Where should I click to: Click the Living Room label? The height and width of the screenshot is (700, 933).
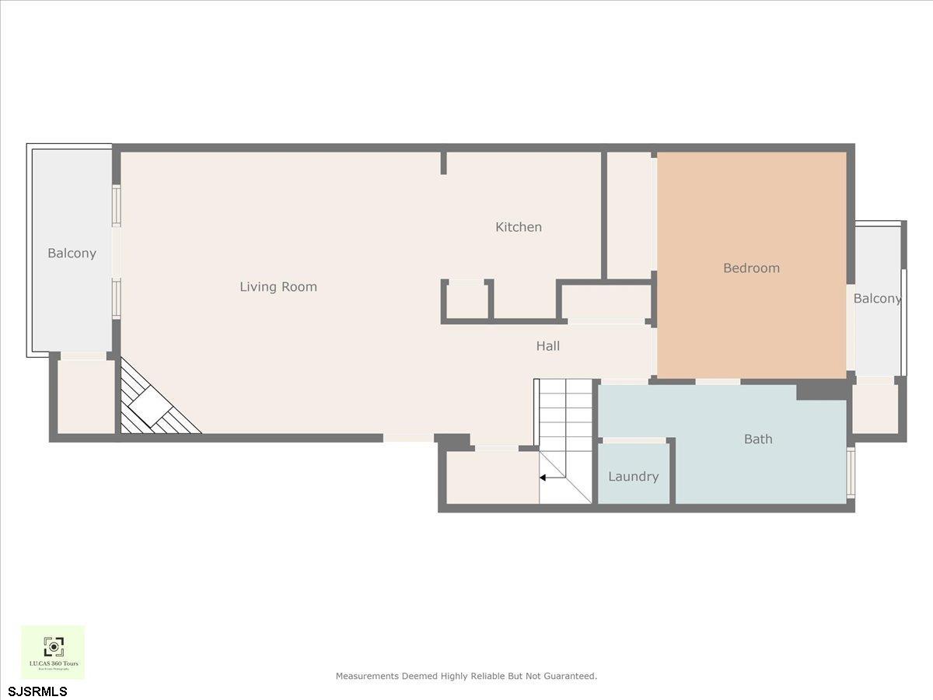(278, 287)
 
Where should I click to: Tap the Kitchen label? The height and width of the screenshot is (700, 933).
(519, 227)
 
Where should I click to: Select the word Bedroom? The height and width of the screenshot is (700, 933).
(751, 268)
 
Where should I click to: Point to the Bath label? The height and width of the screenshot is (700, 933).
(758, 439)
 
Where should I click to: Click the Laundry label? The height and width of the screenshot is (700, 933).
(633, 477)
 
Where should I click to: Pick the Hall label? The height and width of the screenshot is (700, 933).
(548, 346)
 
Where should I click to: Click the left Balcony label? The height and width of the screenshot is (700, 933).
(72, 254)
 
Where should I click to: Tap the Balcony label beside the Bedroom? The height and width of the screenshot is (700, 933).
(877, 299)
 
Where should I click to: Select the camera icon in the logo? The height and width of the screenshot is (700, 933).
(53, 646)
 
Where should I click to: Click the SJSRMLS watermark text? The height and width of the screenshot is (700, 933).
(38, 691)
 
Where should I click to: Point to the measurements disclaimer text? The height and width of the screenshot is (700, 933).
(466, 676)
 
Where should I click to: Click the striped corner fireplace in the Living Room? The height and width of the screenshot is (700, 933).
(152, 404)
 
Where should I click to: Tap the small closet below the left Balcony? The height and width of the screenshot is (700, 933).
(86, 397)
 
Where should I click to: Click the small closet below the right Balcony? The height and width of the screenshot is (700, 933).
(875, 408)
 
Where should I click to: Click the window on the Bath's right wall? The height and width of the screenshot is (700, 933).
(850, 471)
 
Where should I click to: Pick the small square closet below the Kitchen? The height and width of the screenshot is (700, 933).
(466, 300)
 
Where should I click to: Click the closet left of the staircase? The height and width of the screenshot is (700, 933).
(491, 476)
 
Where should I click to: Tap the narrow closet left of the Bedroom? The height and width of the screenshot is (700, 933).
(629, 215)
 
